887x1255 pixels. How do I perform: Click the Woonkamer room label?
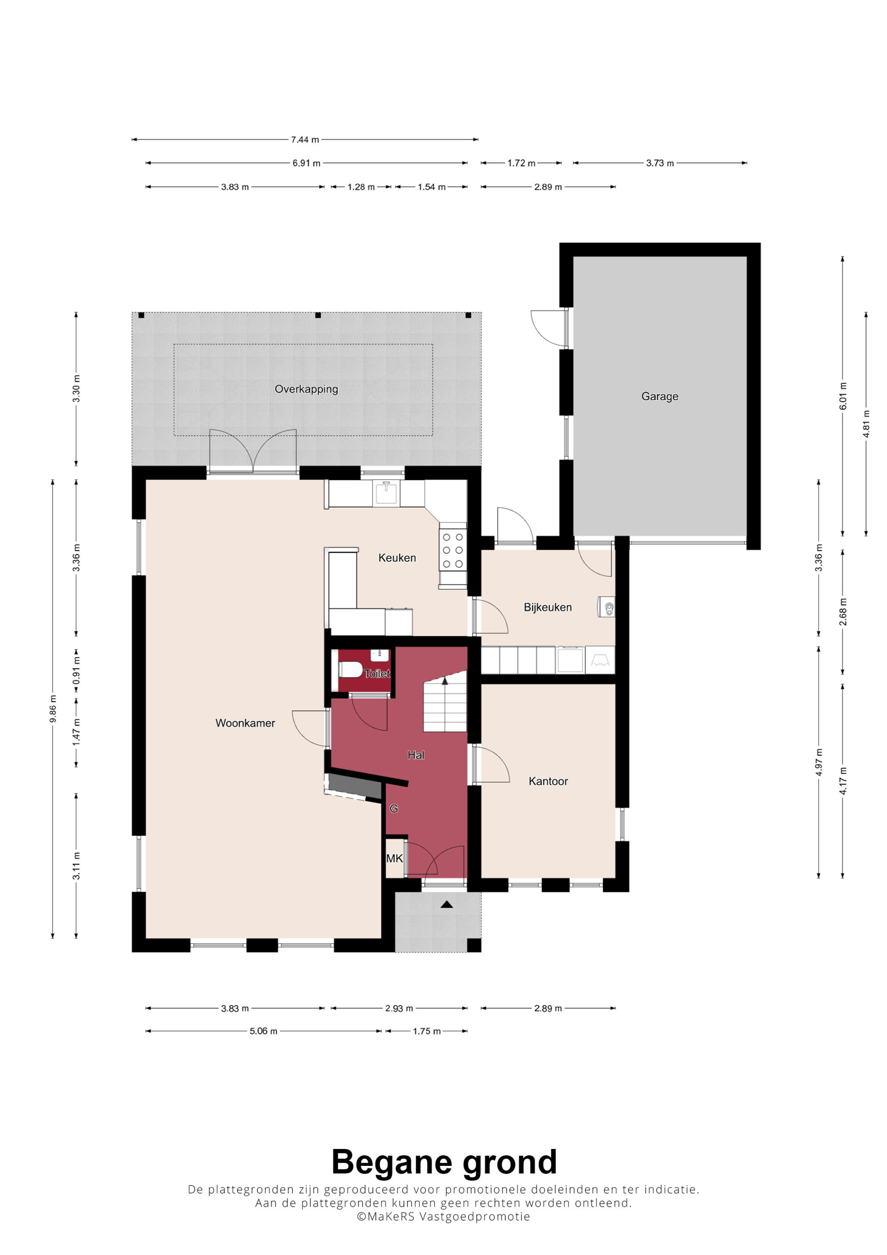(245, 723)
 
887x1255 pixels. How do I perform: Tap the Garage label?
(659, 396)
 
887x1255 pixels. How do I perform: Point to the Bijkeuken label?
(548, 607)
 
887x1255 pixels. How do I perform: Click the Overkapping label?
(306, 389)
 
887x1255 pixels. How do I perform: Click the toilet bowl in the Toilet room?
(350, 669)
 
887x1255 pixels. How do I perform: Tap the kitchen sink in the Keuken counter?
(386, 493)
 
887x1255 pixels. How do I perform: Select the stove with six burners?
(453, 550)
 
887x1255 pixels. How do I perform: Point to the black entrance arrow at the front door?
(447, 905)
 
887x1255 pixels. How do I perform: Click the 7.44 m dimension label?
(305, 140)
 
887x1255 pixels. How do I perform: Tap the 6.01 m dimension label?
(843, 396)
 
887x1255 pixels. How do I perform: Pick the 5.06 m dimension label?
(263, 1031)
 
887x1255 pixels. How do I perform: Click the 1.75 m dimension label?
(426, 1031)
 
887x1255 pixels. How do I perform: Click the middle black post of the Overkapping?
(318, 315)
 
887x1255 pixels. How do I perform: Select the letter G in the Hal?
(393, 808)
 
